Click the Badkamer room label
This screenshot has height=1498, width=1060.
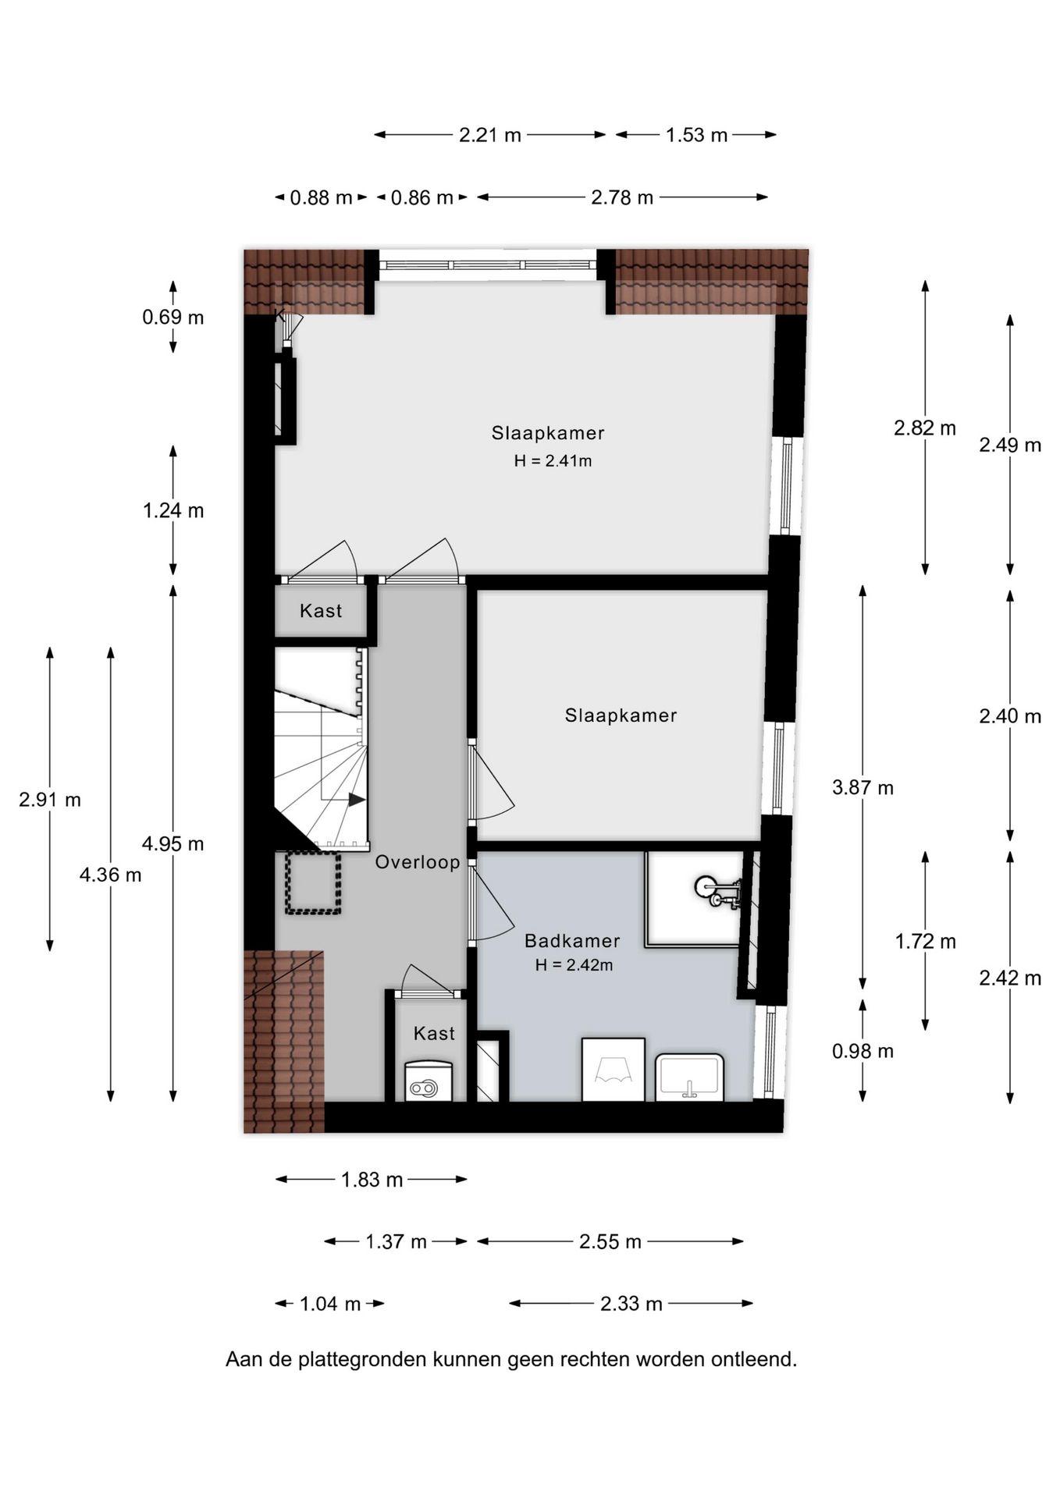point(572,941)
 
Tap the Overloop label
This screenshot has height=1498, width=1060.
point(418,862)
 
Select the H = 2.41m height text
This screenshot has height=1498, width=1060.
point(553,460)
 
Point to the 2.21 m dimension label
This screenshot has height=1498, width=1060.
point(489,135)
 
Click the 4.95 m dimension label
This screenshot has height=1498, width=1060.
point(173,843)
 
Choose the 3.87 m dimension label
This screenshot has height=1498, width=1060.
point(863,787)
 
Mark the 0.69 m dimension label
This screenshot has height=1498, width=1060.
point(173,317)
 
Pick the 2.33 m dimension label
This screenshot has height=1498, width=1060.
point(631,1303)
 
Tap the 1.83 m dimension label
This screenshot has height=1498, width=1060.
point(372,1179)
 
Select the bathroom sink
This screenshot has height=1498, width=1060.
point(689,1077)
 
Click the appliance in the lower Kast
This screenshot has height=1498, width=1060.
point(429,1081)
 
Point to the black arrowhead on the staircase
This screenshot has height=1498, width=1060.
point(357,800)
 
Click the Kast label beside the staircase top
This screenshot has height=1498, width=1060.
point(321,610)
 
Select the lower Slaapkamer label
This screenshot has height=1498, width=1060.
point(621,715)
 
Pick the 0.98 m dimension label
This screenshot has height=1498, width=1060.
point(863,1051)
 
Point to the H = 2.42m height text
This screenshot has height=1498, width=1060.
point(574,965)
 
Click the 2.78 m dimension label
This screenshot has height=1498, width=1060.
point(621,197)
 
